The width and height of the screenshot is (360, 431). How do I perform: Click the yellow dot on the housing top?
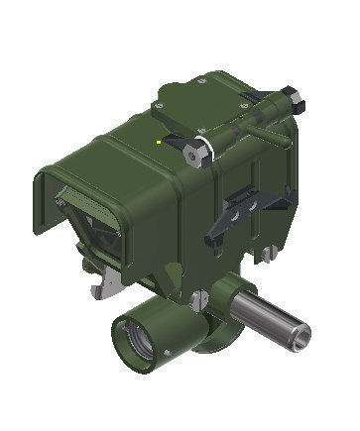[x=160, y=141]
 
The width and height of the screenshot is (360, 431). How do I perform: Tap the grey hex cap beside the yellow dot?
[x=196, y=151]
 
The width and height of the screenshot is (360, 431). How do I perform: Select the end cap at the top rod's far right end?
[x=293, y=95]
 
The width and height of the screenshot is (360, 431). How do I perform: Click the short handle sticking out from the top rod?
[x=261, y=126]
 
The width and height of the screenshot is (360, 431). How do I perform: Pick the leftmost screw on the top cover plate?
[x=161, y=112]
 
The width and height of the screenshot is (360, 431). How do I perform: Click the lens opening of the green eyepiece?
[x=137, y=343]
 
